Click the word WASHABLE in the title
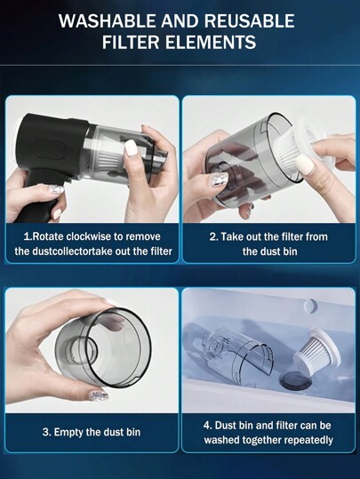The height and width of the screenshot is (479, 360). tap(105, 20)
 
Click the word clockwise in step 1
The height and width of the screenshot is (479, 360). tap(100, 237)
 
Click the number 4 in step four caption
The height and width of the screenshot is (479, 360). tap(206, 425)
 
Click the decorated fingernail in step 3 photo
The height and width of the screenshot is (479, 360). tap(99, 395)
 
